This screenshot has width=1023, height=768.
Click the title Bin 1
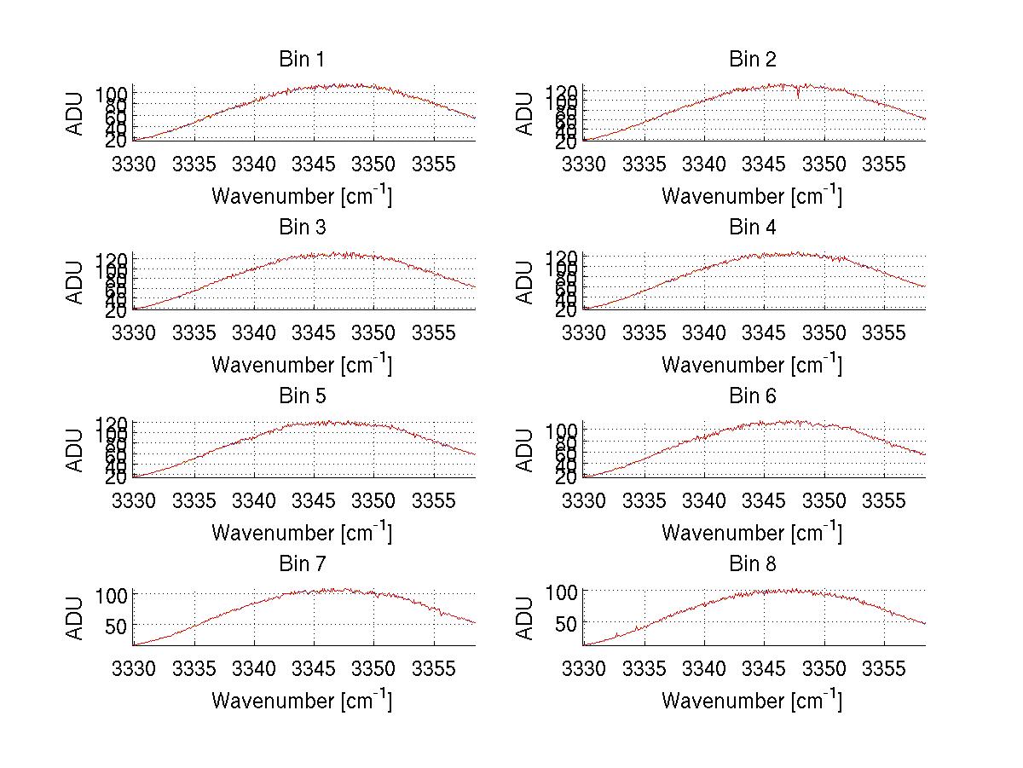click(302, 60)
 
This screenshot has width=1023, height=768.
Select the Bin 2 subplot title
click(752, 60)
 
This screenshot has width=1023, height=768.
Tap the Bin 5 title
click(302, 396)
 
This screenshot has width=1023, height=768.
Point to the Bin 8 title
click(752, 564)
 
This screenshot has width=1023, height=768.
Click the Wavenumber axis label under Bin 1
click(302, 196)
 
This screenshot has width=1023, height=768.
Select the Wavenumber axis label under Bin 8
click(752, 701)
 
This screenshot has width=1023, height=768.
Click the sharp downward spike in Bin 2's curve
click(798, 95)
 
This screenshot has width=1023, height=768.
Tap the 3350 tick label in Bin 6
click(824, 499)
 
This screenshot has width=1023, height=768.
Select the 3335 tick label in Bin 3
click(195, 332)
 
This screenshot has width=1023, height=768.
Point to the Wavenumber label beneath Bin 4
click(752, 365)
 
